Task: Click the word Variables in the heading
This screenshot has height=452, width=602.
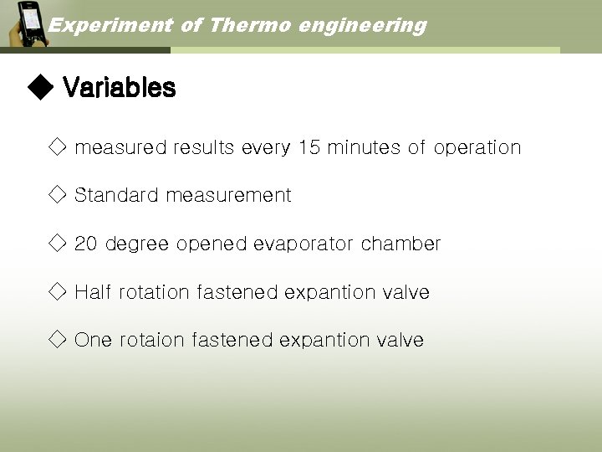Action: (x=119, y=88)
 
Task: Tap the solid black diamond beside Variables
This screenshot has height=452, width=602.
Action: (x=39, y=87)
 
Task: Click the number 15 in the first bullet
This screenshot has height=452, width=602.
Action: (x=309, y=148)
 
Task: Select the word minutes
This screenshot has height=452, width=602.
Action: (x=364, y=148)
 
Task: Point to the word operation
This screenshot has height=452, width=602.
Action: (x=477, y=148)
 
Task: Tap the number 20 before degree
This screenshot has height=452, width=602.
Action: (x=86, y=244)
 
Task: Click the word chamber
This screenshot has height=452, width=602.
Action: (x=400, y=244)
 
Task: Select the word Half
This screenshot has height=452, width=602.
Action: (x=93, y=293)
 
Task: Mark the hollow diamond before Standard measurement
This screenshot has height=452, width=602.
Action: (x=57, y=196)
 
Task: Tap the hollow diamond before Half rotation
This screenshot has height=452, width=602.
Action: (x=57, y=292)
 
